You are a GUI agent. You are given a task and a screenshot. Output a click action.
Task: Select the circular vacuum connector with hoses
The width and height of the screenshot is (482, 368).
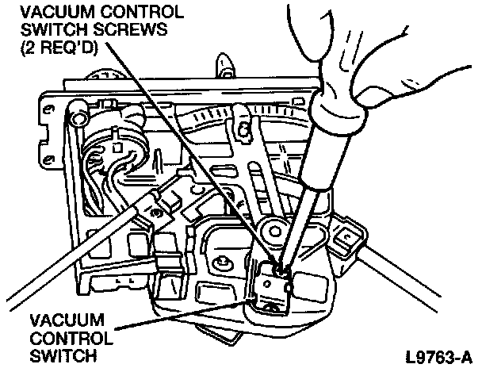(111, 147)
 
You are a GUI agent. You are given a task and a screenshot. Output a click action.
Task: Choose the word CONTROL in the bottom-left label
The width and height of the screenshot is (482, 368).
(63, 338)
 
